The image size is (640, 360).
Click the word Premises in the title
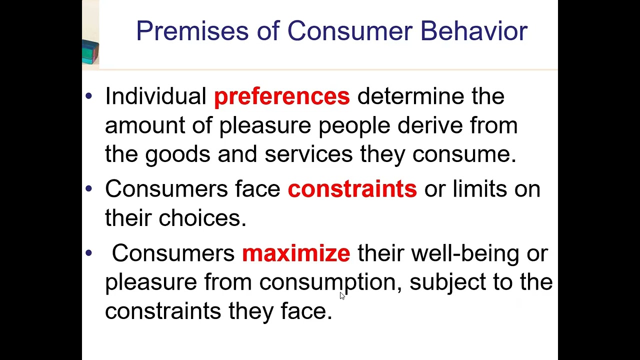click(192, 31)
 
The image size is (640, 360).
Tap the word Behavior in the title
click(473, 31)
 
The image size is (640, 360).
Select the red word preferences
click(281, 96)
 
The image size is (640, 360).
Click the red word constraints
click(352, 189)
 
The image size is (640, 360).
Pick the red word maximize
click(296, 253)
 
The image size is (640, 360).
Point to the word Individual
click(155, 96)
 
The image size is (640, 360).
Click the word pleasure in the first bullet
click(265, 125)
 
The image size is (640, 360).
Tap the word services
click(308, 154)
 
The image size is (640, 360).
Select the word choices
click(202, 218)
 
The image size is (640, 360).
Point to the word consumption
click(327, 282)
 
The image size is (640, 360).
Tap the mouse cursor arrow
click(342, 295)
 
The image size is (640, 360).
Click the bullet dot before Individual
click(89, 95)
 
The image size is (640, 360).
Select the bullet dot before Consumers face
click(89, 188)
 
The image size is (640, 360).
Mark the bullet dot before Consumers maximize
click(89, 253)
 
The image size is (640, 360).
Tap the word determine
click(410, 96)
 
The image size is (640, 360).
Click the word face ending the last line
click(305, 311)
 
